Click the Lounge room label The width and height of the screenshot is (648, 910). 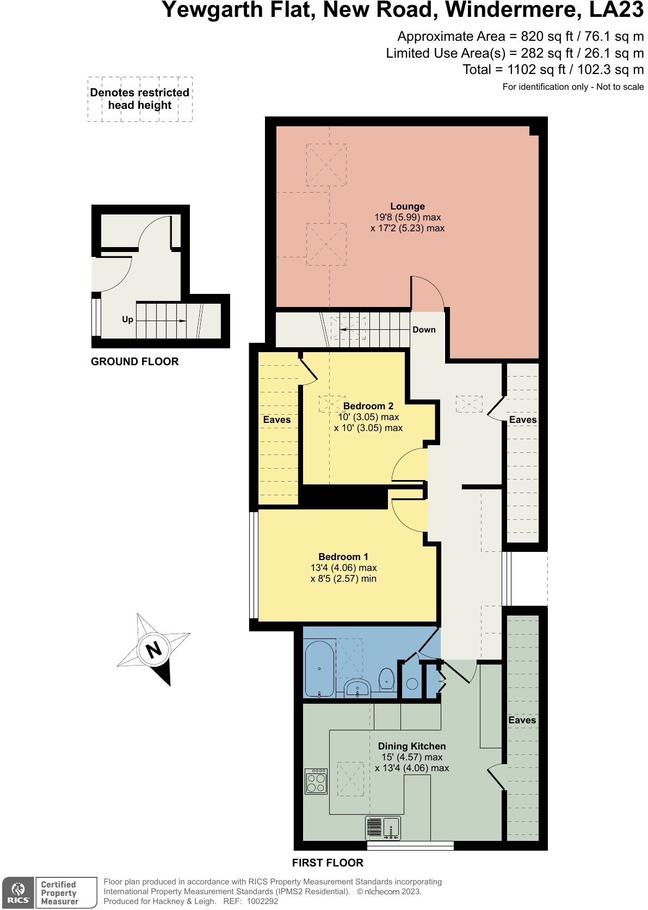(407, 207)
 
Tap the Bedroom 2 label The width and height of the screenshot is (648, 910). (368, 406)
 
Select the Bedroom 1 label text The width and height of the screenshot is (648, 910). (343, 557)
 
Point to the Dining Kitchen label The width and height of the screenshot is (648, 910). (411, 746)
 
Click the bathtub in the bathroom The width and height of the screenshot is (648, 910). (319, 669)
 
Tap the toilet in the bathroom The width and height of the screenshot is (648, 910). (386, 679)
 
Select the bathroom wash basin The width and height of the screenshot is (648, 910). (357, 688)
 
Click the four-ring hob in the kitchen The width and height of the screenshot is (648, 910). (316, 782)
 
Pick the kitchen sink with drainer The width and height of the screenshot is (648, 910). (383, 828)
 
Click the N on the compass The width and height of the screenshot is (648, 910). (154, 649)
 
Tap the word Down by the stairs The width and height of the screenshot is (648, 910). (424, 330)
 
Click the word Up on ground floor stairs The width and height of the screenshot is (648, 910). (127, 319)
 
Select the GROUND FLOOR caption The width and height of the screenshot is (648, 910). (134, 361)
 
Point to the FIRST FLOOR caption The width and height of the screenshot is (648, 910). (328, 863)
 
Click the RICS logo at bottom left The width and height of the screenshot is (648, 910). (18, 893)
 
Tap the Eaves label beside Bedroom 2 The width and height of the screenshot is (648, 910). (276, 420)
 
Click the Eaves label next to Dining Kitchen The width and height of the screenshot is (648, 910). (522, 720)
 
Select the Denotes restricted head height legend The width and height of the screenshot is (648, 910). (140, 99)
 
